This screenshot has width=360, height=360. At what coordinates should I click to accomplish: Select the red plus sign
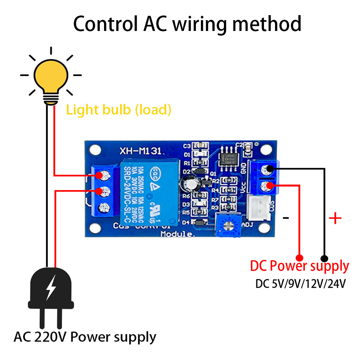[335, 218]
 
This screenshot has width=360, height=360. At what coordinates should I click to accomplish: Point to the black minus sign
[286, 218]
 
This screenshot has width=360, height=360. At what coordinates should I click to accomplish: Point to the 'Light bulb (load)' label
[118, 109]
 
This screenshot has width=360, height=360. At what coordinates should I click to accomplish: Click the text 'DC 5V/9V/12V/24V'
[301, 284]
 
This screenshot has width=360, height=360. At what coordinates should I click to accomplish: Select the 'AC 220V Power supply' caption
[85, 337]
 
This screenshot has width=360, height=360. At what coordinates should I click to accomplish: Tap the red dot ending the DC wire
[299, 258]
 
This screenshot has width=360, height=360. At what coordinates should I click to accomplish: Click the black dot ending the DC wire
[324, 258]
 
